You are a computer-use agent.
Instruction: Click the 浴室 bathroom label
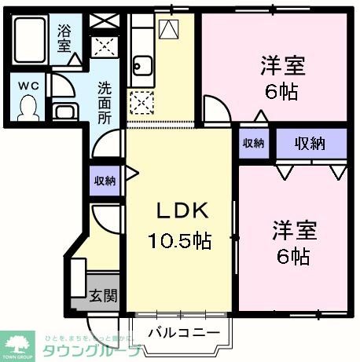pos(63,39)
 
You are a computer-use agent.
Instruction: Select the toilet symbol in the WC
pos(28,106)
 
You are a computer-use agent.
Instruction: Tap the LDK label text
pos(180,210)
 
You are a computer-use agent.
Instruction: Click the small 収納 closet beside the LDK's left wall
pos(105,181)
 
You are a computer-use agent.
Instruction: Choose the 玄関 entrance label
pos(102,295)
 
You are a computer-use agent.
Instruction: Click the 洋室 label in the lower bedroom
pos(294,231)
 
